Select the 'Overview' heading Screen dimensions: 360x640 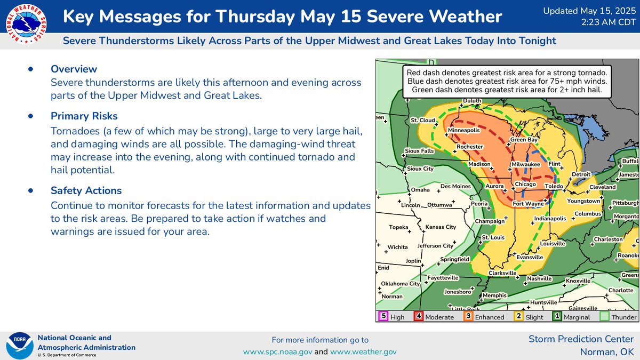(74, 69)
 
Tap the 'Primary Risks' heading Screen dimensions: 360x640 (84, 116)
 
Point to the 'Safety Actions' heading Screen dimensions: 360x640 (86, 190)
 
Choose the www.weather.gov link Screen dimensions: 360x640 (363, 352)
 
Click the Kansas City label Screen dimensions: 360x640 (440, 227)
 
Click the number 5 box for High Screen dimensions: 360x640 (383, 316)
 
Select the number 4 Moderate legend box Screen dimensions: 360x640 (419, 316)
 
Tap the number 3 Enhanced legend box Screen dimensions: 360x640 (468, 316)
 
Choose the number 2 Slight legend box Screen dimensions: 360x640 (518, 316)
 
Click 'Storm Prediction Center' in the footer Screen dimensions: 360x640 (581, 339)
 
